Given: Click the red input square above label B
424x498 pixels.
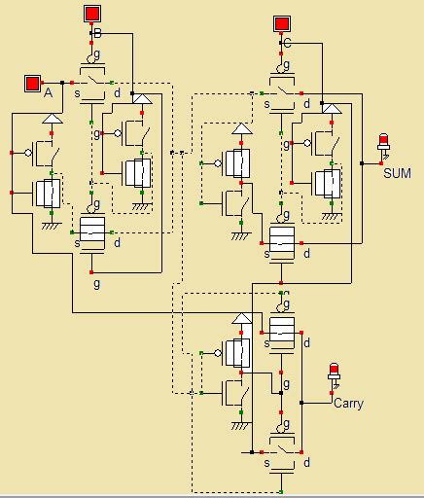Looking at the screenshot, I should (92, 14).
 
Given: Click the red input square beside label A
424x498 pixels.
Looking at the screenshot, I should (31, 81).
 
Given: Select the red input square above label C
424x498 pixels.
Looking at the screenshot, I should (281, 22).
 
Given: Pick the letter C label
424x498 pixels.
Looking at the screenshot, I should (287, 44).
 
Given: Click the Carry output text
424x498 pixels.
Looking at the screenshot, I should (347, 403).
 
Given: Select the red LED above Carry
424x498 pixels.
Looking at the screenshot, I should (335, 373).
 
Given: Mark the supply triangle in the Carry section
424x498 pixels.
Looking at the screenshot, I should (239, 320).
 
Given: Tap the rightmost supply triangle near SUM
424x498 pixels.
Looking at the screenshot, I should (332, 109).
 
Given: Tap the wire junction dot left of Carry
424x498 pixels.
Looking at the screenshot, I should (301, 402).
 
